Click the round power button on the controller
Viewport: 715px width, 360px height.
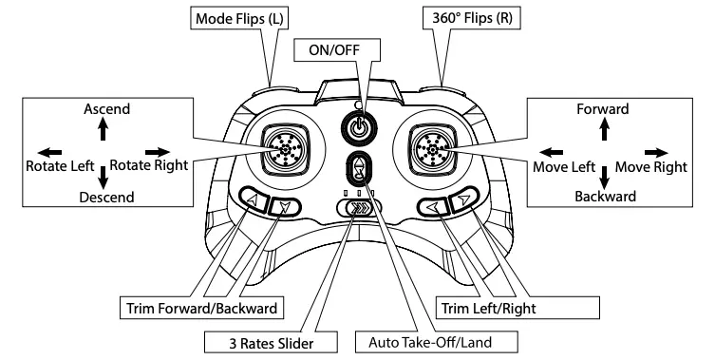[358, 126]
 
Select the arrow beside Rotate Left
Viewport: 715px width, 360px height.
[49, 151]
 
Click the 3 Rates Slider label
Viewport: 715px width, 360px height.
[261, 341]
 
